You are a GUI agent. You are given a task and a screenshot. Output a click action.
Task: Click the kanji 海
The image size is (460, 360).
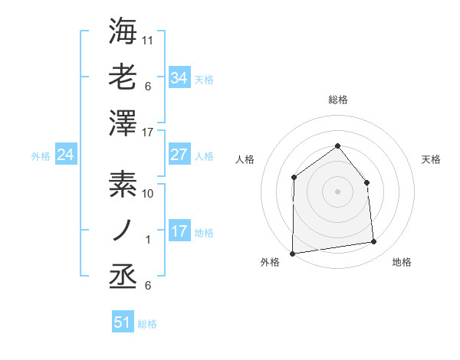123,31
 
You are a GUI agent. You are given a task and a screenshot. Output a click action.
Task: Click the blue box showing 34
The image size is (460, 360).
179,77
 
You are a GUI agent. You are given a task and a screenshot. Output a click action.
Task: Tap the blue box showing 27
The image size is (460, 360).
179,155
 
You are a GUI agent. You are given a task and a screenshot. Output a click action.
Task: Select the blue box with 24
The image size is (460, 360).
65,155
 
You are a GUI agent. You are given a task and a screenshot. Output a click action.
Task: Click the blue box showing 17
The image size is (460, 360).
179,231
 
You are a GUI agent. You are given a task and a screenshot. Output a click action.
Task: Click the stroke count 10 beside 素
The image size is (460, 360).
148,194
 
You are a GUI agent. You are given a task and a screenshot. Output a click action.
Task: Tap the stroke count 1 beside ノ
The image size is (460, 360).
148,240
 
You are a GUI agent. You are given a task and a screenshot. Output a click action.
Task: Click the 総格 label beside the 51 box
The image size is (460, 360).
147,324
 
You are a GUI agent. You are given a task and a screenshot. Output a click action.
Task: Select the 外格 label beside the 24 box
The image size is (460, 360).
41,156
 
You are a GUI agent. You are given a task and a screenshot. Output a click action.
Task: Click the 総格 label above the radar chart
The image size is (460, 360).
337,100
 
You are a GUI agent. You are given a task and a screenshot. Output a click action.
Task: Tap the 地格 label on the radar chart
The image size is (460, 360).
402,262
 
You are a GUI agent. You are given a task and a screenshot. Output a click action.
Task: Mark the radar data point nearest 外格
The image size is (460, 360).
292,253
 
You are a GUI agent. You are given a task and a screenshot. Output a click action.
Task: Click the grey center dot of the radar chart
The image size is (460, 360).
337,191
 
